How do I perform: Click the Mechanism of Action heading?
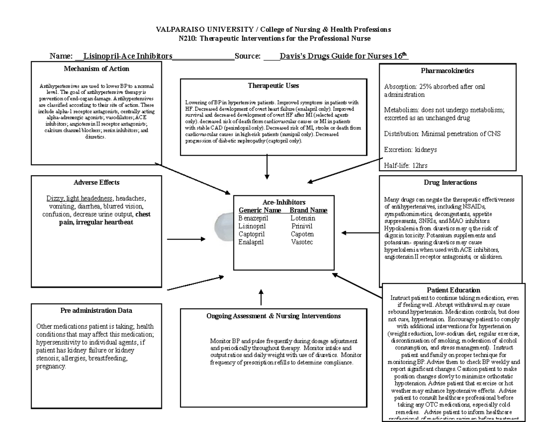[x=96, y=69]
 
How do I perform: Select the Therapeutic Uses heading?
[x=273, y=86]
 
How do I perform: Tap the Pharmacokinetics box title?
[x=447, y=71]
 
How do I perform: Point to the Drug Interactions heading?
[x=450, y=183]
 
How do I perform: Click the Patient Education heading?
[x=454, y=290]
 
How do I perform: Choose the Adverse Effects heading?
[x=96, y=183]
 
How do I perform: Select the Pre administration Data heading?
[x=96, y=310]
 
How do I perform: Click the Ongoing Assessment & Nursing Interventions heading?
[x=273, y=316]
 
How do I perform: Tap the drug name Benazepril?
[x=253, y=219]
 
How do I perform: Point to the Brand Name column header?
[x=309, y=210]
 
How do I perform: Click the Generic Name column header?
[x=260, y=210]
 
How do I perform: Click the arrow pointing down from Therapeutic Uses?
[x=267, y=169]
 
